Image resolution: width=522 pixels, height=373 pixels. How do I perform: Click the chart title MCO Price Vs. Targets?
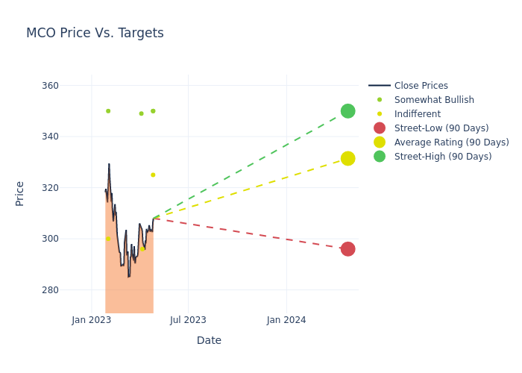tap(95, 34)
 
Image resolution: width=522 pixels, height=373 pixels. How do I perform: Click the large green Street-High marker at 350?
tap(348, 111)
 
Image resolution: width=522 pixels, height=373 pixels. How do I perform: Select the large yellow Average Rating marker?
tap(348, 158)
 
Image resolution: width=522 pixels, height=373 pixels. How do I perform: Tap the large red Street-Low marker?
tap(348, 249)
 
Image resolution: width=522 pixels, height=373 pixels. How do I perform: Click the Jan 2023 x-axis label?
tap(92, 320)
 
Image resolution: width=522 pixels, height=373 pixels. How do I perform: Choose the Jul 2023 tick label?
tap(188, 320)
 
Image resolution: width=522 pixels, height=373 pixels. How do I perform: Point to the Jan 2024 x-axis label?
tap(286, 320)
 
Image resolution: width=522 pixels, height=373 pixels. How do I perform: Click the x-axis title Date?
tap(209, 341)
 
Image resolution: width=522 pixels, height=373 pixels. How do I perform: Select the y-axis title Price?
tap(20, 193)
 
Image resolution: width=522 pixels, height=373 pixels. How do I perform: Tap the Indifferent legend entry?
tap(417, 114)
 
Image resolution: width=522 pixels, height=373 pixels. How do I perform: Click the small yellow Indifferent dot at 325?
tap(153, 175)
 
